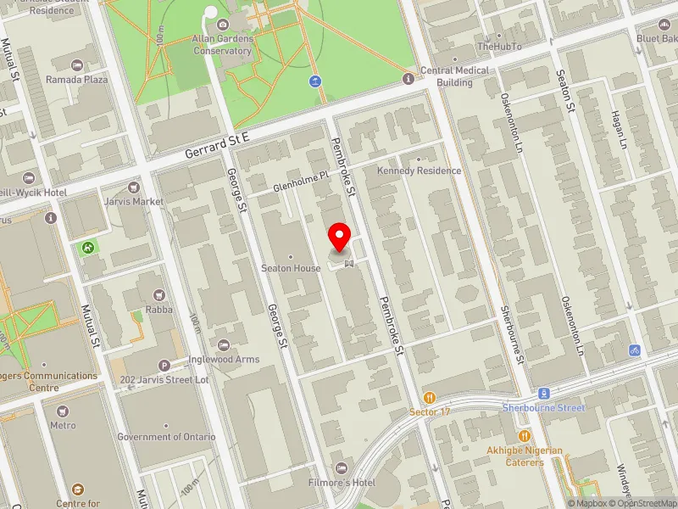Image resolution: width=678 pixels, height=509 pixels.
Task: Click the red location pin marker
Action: [341, 237]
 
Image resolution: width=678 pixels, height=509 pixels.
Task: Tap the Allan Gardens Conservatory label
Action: [222, 45]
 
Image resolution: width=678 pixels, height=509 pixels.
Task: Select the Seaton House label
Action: [291, 268]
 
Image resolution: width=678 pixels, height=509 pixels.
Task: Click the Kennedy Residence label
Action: [420, 171]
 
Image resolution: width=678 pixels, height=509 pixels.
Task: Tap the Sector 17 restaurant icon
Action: [430, 397]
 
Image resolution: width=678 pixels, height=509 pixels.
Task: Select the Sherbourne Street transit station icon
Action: [544, 394]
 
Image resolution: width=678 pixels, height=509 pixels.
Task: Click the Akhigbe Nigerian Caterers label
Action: [525, 456]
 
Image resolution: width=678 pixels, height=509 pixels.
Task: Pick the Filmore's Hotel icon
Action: [342, 468]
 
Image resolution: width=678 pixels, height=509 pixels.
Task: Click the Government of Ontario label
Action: [166, 437]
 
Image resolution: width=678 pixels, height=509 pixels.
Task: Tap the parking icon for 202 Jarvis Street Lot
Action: [164, 365]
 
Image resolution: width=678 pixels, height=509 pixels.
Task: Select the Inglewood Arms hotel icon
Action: [223, 344]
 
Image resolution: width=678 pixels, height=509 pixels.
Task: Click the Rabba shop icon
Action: [158, 294]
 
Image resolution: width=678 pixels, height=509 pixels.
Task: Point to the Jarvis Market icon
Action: [132, 187]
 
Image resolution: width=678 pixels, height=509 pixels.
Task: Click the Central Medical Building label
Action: [454, 76]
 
